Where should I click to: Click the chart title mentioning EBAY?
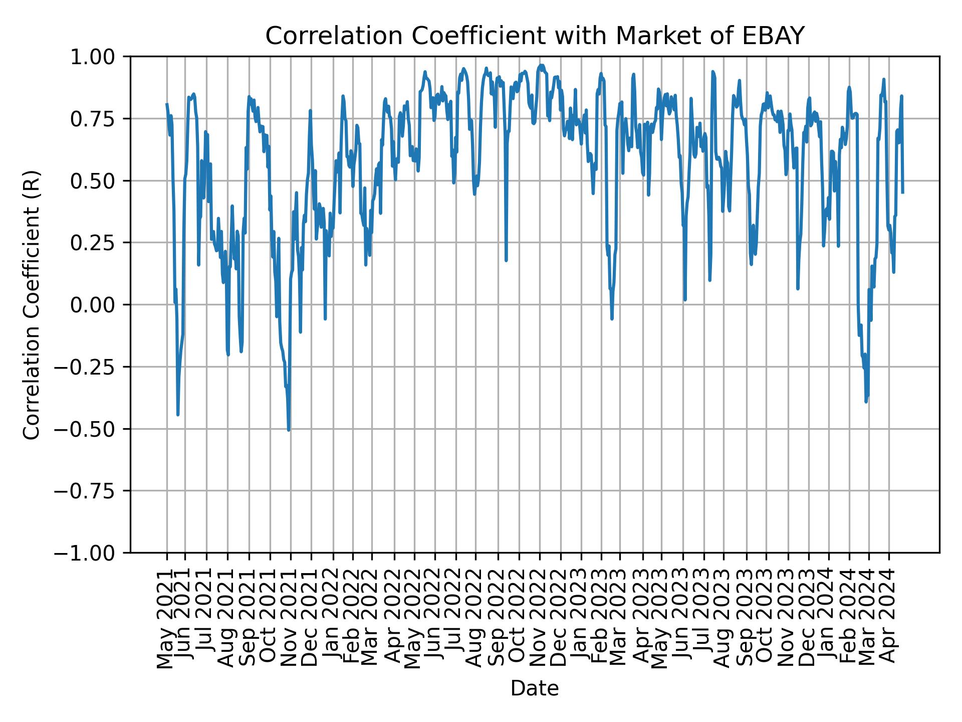tap(535, 36)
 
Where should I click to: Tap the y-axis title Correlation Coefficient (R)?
tap(32, 304)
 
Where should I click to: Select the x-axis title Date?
tap(535, 688)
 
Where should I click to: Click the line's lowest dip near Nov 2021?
tap(289, 430)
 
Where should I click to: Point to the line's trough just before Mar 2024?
tap(866, 401)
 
